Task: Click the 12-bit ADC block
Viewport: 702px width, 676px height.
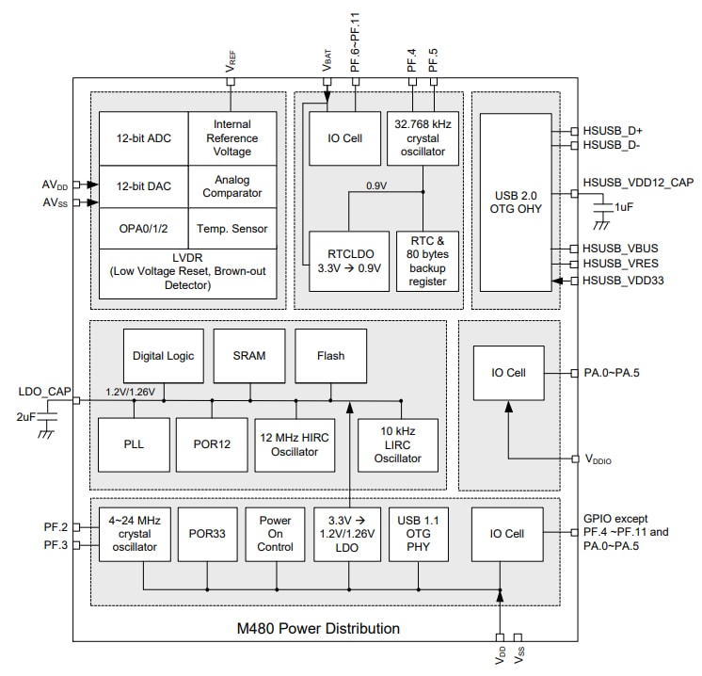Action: point(143,138)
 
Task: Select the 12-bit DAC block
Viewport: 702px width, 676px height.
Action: point(143,187)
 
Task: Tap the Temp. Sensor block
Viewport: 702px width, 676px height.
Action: point(232,228)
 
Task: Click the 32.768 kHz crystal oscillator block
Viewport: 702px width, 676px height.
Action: point(423,138)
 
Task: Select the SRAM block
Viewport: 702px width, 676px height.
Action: point(248,356)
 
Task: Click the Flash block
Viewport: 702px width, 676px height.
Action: point(330,356)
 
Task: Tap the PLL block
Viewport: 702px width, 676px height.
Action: point(133,443)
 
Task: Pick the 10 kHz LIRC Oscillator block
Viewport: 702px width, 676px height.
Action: point(397,445)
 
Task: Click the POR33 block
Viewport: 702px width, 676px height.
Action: point(206,534)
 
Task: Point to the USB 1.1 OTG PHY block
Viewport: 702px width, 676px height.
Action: point(419,534)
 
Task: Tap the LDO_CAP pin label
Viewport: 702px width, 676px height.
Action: point(43,390)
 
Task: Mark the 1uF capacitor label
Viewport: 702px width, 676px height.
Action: point(624,206)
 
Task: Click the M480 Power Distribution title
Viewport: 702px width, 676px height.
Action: point(317,628)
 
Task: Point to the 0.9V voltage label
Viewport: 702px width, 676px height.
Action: point(376,186)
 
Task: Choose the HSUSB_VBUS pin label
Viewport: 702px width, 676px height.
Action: point(619,249)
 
